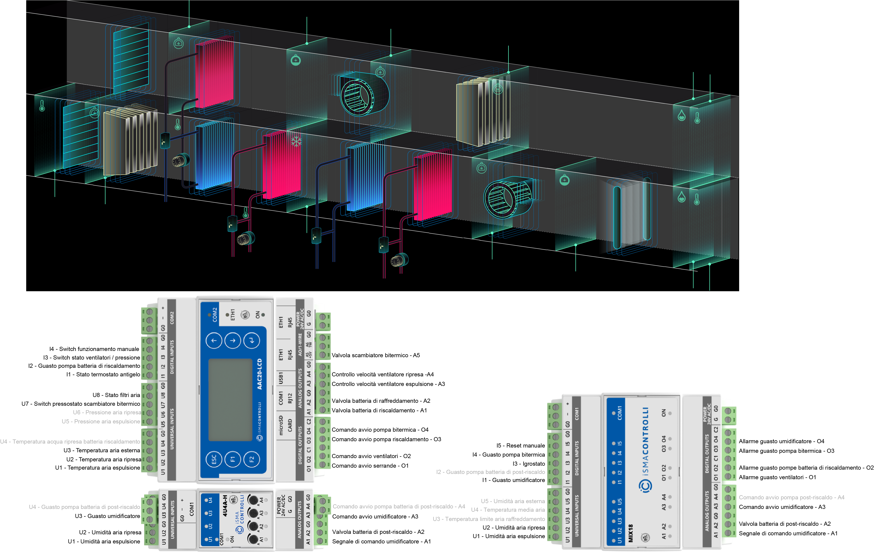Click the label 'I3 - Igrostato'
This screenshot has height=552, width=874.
point(529,464)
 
